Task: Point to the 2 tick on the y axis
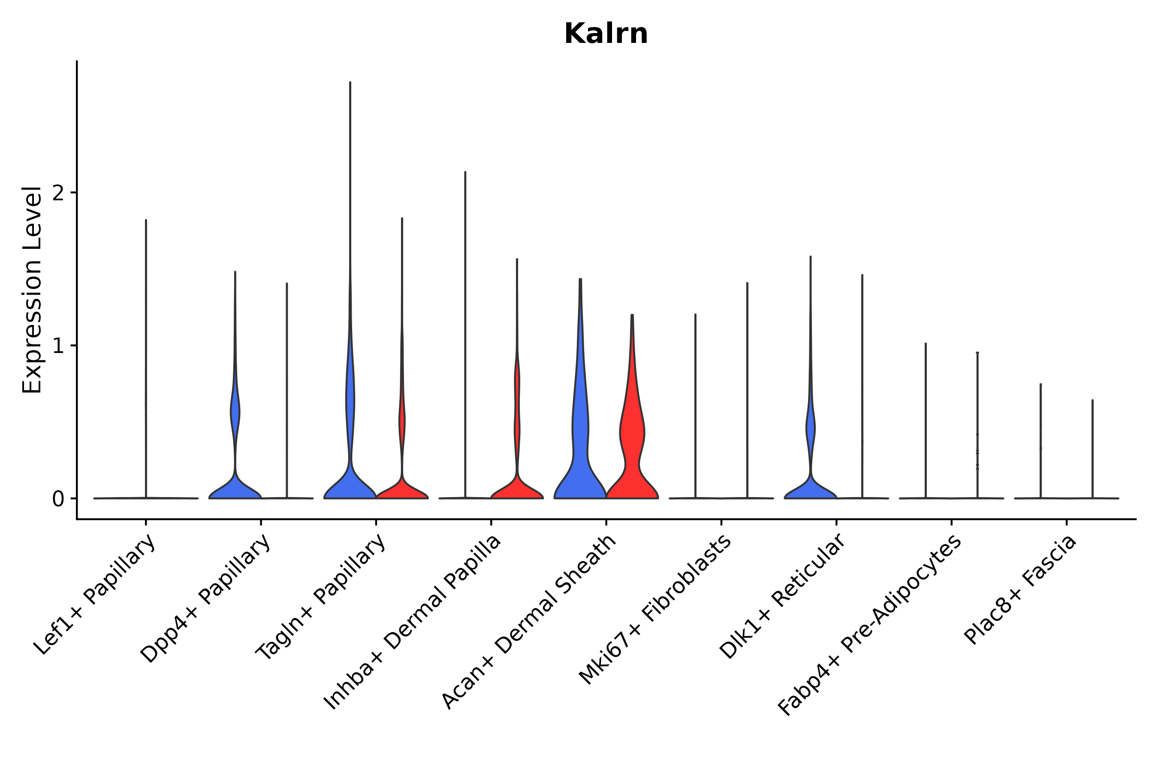pos(58,193)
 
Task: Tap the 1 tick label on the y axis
pos(58,346)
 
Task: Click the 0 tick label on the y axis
pos(58,499)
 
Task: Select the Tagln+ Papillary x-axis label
pos(320,598)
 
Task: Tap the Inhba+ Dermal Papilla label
pos(413,623)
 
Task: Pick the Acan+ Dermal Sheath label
pos(529,622)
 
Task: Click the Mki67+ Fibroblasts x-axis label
pos(655,610)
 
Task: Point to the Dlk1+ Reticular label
pos(783,596)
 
